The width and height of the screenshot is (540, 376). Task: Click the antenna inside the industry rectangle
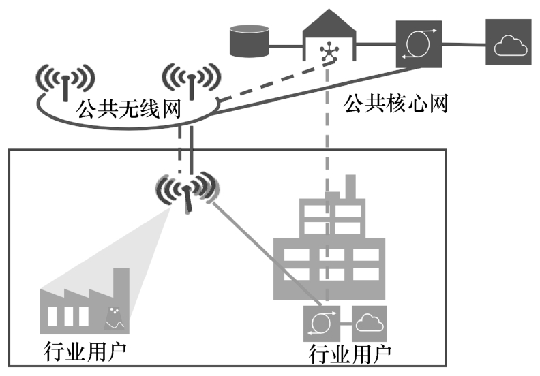pos(187,194)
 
